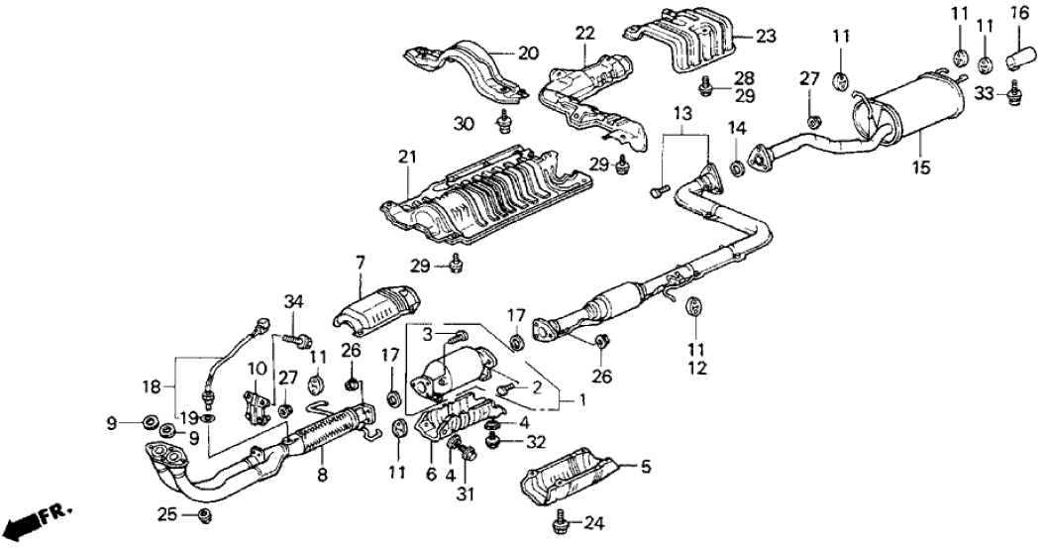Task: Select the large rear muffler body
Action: (919, 105)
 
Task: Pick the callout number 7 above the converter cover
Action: (361, 262)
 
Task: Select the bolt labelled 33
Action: (1013, 96)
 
